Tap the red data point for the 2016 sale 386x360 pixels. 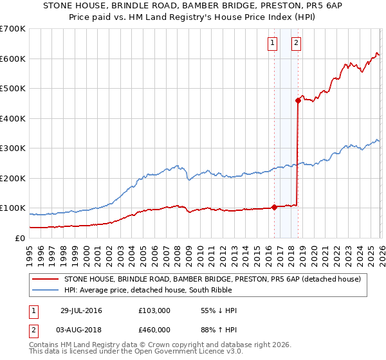274,207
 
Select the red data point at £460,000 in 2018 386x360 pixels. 298,100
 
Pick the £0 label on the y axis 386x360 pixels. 19,238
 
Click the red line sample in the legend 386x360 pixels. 45,279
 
